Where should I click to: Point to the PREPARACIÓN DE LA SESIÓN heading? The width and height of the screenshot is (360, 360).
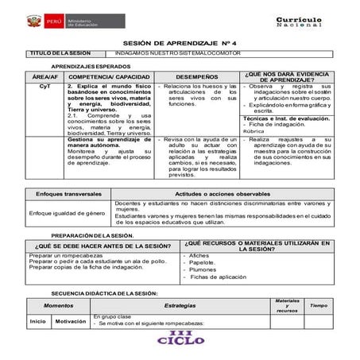(92, 236)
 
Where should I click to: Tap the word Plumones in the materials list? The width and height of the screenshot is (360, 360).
(204, 269)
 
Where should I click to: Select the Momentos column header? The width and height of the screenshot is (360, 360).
(60, 305)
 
